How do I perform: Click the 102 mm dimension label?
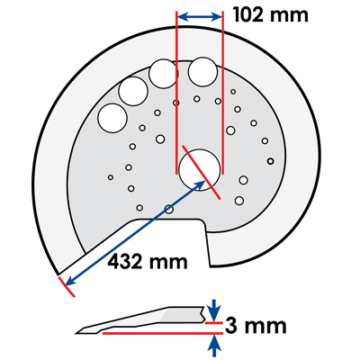(271, 15)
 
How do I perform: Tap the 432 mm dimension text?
(148, 262)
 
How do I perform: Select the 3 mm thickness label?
(256, 326)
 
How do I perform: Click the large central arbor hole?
(199, 169)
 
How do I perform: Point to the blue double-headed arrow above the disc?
(200, 17)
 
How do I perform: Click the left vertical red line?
(176, 93)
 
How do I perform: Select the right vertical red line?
(222, 93)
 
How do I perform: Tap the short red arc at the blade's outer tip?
(66, 287)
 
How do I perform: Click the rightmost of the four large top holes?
(202, 72)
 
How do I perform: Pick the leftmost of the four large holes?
(112, 118)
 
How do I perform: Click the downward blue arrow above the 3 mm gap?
(214, 309)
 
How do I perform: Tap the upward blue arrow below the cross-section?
(214, 346)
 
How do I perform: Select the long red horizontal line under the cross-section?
(163, 333)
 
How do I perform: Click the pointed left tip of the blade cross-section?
(76, 332)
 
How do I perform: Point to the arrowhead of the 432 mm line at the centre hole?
(201, 184)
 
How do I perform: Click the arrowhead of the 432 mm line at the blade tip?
(69, 282)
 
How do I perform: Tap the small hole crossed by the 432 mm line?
(169, 209)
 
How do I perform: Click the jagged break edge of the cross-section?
(202, 314)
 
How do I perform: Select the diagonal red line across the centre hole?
(202, 173)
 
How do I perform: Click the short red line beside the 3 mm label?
(214, 323)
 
